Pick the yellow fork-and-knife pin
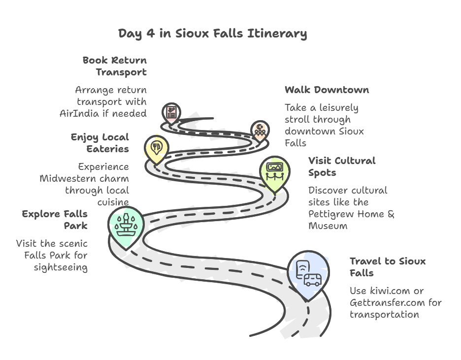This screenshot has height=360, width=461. click(x=157, y=149)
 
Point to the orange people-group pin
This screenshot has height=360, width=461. click(x=260, y=131)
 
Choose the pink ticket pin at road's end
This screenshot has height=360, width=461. click(x=171, y=113)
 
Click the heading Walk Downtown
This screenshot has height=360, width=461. click(x=327, y=90)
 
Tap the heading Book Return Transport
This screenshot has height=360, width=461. click(x=115, y=66)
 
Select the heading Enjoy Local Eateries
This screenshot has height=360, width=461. click(x=100, y=143)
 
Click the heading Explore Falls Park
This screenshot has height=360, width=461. click(x=55, y=220)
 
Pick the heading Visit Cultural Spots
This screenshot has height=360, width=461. click(x=342, y=166)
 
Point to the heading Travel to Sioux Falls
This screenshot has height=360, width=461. click(x=388, y=267)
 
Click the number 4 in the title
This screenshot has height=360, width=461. click(x=151, y=33)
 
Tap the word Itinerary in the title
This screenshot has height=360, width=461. click(x=277, y=33)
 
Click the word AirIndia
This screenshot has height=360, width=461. click(x=79, y=113)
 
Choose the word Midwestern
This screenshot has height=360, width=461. click(x=68, y=179)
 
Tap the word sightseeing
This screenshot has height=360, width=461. click(x=61, y=268)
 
